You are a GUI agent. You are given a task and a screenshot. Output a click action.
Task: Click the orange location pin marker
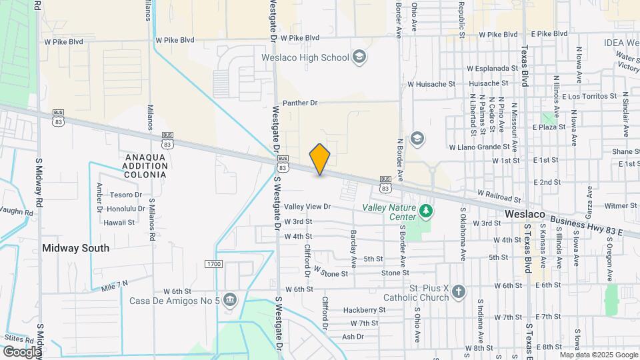(320, 159)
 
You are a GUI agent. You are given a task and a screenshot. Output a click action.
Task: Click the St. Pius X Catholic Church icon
(458, 291)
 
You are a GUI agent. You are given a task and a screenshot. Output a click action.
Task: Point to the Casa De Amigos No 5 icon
(230, 299)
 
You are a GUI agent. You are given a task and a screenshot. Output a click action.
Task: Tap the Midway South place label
(75, 247)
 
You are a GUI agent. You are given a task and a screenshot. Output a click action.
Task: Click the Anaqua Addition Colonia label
(145, 165)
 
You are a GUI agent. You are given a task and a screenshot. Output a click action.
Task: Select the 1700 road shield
(214, 265)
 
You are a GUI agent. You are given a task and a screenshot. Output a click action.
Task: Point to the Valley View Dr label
(307, 207)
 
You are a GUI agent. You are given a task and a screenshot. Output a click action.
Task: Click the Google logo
(22, 351)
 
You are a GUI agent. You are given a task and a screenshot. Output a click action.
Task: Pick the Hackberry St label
(365, 310)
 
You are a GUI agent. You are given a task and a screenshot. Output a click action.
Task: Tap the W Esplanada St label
(493, 68)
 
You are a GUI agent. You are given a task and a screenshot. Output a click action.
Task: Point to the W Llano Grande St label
(479, 147)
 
